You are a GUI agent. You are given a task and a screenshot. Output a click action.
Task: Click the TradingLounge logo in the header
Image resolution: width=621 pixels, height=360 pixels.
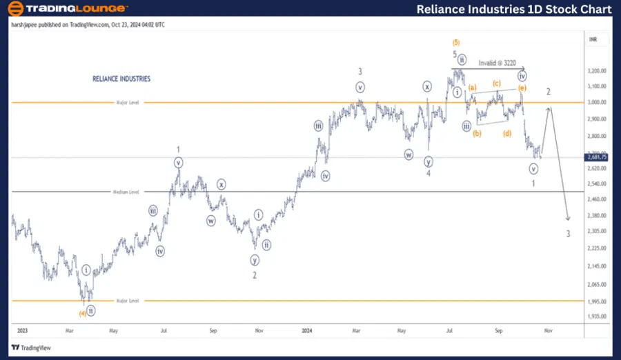(x=67, y=9)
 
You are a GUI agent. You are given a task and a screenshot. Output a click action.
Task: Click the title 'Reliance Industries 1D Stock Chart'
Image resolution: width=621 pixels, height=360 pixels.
(x=514, y=9)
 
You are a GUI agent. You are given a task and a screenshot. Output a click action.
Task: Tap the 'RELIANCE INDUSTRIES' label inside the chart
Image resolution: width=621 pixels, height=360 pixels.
(x=121, y=79)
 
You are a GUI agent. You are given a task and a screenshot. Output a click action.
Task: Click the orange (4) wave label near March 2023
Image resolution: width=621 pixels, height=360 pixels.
(x=82, y=313)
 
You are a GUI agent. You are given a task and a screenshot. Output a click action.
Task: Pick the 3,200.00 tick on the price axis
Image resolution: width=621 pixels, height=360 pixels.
(x=597, y=71)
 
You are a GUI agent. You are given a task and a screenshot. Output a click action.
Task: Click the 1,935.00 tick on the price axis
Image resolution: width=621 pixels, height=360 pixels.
(x=597, y=317)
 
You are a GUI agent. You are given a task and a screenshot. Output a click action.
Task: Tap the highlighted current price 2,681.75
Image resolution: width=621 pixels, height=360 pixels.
(x=597, y=157)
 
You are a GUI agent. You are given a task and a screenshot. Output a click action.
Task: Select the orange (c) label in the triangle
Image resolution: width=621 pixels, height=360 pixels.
(x=497, y=83)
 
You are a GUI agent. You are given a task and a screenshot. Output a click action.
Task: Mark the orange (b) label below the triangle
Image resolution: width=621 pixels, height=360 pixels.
(x=477, y=133)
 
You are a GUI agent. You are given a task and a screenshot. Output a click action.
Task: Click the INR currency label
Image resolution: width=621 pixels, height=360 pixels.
(x=593, y=40)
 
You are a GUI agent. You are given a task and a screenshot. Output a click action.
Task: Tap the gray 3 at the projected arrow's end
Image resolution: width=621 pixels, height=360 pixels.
(x=569, y=234)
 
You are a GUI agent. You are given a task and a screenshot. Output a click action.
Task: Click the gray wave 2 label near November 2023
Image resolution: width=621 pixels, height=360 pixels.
(x=255, y=275)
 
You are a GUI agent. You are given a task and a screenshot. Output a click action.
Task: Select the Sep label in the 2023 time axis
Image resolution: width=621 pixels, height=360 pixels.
(x=213, y=331)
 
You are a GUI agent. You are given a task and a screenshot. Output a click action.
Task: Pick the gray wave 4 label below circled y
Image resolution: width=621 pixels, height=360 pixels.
(x=428, y=174)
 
